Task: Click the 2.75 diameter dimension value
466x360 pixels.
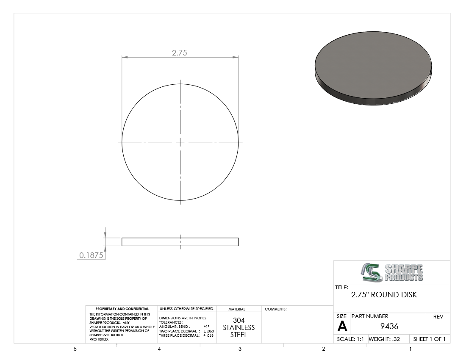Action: [x=180, y=53]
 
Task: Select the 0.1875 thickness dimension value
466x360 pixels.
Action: [x=91, y=255]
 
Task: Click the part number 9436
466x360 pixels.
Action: [x=389, y=327]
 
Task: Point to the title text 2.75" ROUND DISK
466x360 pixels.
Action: [x=384, y=295]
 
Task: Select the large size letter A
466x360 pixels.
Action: [x=342, y=327]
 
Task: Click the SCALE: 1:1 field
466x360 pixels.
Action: [x=350, y=339]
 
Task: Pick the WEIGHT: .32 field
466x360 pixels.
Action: [x=384, y=339]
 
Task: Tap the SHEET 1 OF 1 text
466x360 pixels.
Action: [x=429, y=339]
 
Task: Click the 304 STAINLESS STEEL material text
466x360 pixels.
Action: [x=239, y=328]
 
